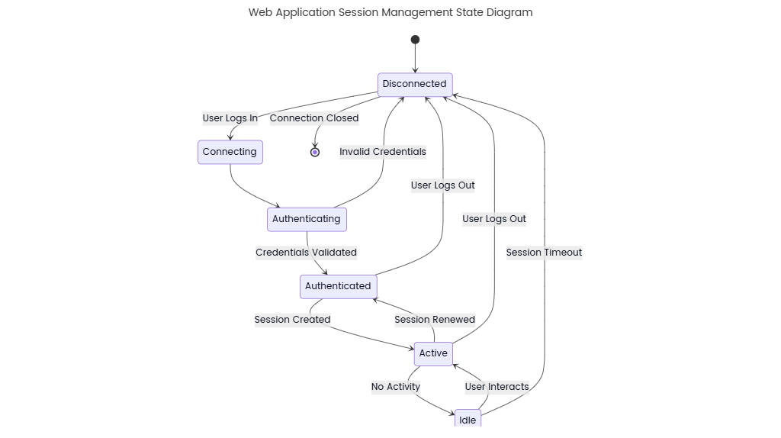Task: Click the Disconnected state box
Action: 415,84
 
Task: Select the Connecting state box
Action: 230,152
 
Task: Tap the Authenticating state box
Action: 307,219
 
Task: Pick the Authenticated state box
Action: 338,286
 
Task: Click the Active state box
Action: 433,353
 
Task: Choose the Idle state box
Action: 468,420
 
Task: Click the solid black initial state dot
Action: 415,40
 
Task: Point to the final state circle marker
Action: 315,153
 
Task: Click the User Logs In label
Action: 230,118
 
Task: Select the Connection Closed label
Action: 314,118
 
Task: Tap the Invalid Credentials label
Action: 383,152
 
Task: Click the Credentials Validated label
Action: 306,253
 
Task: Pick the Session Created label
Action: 292,320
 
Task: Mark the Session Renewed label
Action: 435,320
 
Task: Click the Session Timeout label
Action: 544,253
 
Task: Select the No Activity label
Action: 396,387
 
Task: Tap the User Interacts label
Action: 497,387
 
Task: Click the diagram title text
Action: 390,12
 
